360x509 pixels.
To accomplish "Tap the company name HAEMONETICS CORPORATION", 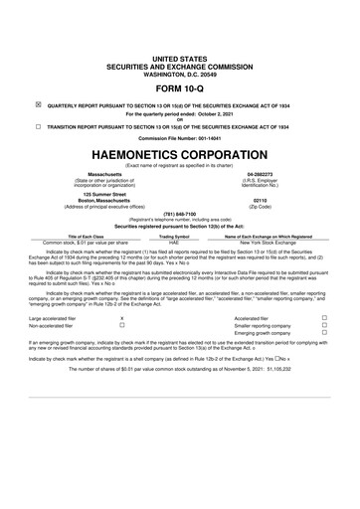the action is (179, 155).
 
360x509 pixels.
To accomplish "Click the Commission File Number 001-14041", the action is (179, 137).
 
